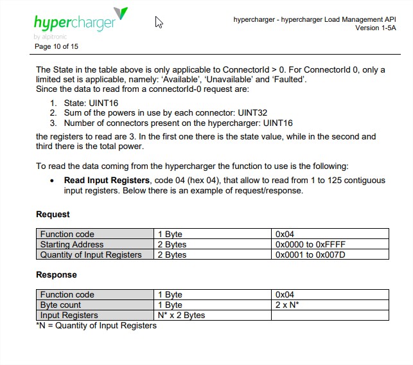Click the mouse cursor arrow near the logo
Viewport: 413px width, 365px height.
tap(159, 22)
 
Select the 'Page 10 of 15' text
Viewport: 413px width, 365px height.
tap(57, 46)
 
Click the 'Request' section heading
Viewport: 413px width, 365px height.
tap(53, 215)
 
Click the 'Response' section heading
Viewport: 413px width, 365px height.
tap(56, 275)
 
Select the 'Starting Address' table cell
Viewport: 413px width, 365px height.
tap(71, 244)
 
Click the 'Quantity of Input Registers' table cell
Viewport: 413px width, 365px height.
tap(91, 254)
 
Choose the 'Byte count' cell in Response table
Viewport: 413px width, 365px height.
tap(61, 305)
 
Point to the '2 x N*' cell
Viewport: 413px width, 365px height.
tap(287, 305)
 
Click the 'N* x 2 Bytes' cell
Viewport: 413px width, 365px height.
tap(181, 315)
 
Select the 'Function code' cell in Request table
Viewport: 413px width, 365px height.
tap(67, 234)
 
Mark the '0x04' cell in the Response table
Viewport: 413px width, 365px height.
tap(284, 294)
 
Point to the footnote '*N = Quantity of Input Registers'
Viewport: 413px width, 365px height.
tap(96, 325)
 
